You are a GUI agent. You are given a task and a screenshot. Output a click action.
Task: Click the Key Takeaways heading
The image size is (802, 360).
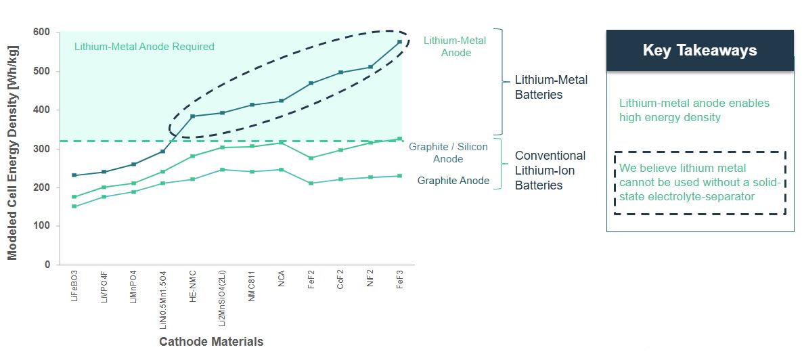699,51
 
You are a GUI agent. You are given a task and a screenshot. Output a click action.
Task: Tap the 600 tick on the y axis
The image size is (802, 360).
42,32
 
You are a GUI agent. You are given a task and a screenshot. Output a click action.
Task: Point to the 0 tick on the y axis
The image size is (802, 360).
47,265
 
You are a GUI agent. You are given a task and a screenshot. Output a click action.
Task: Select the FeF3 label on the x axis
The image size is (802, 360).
400,289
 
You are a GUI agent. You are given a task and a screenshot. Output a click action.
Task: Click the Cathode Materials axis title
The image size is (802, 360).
211,341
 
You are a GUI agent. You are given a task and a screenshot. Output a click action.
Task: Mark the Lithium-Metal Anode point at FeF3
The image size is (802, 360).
399,42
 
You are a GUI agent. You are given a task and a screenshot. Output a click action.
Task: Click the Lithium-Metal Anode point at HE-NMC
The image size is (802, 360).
193,116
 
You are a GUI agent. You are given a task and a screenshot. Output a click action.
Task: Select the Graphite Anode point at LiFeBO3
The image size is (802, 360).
74,206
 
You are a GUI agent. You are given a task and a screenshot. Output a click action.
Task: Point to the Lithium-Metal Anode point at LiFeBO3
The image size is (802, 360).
74,175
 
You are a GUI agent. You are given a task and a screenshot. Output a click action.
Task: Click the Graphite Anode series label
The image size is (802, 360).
453,181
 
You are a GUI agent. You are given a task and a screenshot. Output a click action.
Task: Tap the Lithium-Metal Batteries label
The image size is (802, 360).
551,87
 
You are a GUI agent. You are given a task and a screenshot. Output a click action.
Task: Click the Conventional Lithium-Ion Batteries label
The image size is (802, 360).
550,171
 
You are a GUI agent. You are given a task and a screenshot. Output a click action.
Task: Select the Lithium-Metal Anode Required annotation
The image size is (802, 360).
144,47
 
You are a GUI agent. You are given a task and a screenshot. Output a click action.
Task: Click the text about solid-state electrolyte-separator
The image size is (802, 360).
700,182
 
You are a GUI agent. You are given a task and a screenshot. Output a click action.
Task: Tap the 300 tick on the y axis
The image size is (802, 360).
42,149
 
